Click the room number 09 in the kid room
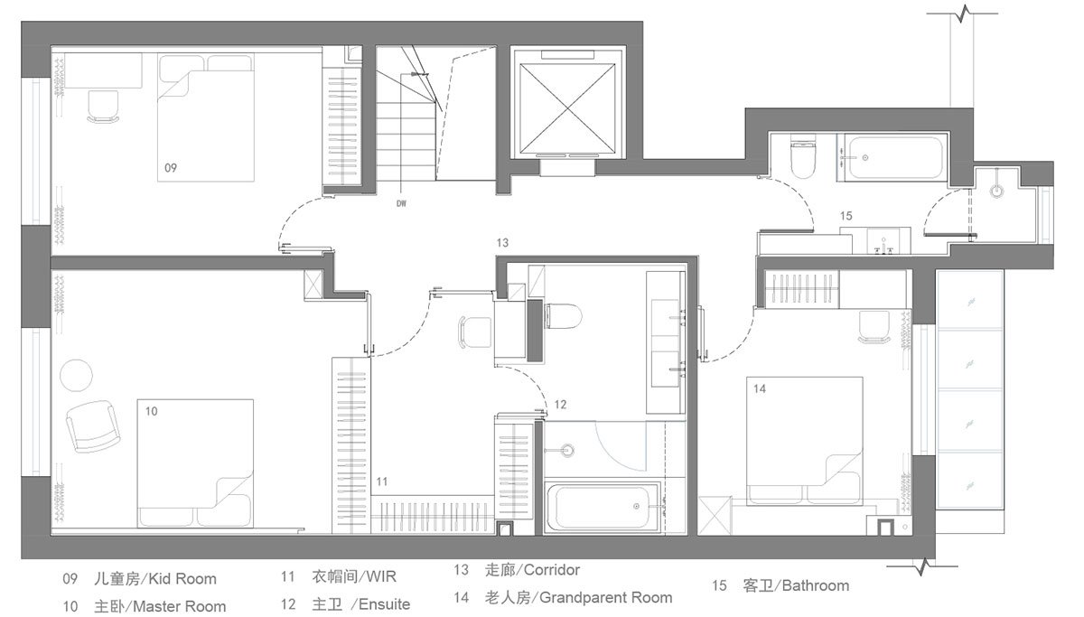(171, 168)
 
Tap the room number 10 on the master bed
(151, 411)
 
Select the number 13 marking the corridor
(502, 242)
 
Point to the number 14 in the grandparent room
(760, 388)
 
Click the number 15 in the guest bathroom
(846, 216)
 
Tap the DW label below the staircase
(401, 204)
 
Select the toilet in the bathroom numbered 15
(803, 154)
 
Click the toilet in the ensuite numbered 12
(562, 316)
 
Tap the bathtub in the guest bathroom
(895, 158)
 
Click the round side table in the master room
(76, 375)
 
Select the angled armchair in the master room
(93, 426)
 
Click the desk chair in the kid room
(103, 106)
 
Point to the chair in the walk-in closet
(474, 332)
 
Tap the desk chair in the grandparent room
(874, 327)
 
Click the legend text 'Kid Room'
(182, 579)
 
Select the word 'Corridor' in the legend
(552, 570)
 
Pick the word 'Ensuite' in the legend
(384, 604)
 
